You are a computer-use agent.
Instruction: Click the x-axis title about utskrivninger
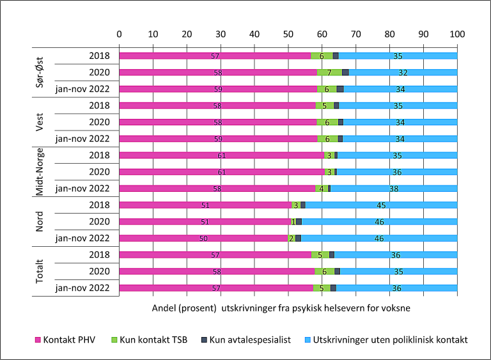pyautogui.click(x=281, y=308)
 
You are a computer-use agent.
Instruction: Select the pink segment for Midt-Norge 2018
pyautogui.click(x=222, y=155)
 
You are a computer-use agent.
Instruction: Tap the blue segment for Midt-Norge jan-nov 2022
pyautogui.click(x=394, y=188)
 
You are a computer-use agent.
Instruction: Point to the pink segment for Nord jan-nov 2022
pyautogui.click(x=203, y=238)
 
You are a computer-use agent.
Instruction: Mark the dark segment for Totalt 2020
pyautogui.click(x=338, y=271)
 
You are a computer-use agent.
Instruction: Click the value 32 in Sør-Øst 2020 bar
pyautogui.click(x=403, y=72)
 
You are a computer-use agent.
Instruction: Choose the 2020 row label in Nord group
pyautogui.click(x=100, y=221)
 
